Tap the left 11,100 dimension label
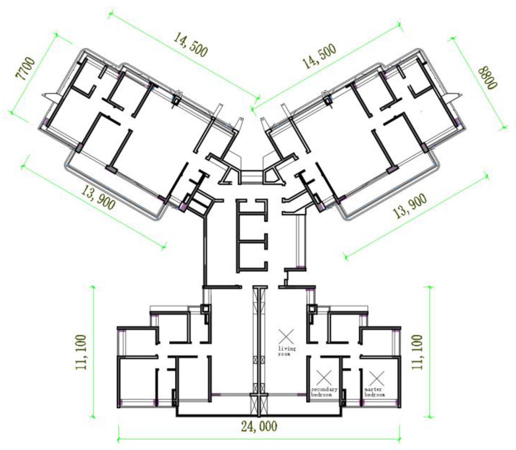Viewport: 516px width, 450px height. click(81, 352)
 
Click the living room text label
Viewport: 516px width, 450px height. click(287, 351)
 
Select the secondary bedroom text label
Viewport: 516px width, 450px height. click(324, 392)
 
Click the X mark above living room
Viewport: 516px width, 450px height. click(286, 337)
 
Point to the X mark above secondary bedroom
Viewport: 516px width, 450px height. click(324, 377)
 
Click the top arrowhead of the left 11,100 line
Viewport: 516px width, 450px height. click(93, 286)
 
